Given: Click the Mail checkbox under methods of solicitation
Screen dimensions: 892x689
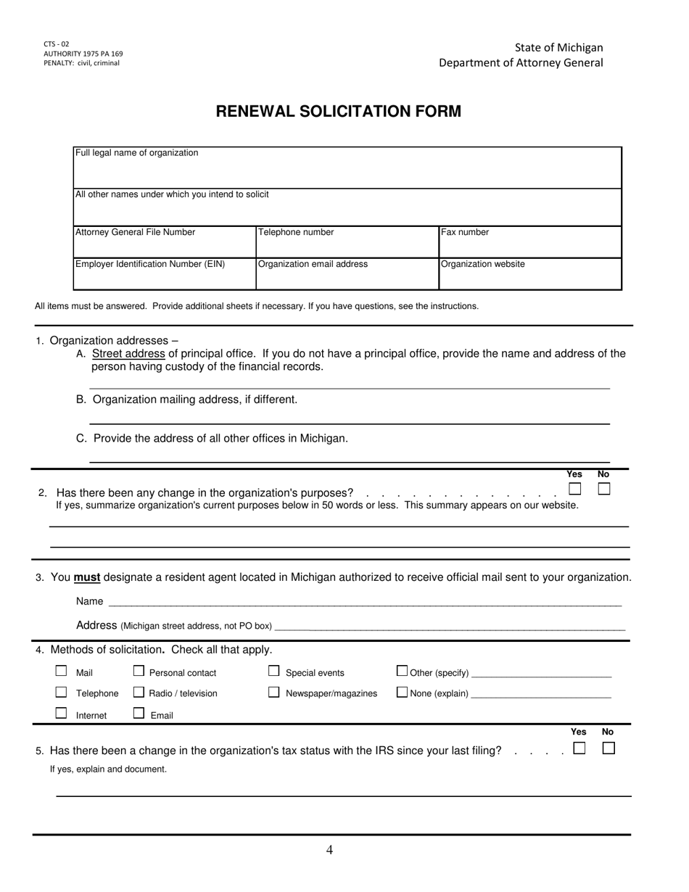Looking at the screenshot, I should pos(62,672).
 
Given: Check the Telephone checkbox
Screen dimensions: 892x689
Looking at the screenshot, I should pos(62,693).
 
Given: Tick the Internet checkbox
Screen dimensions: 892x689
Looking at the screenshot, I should pos(62,714).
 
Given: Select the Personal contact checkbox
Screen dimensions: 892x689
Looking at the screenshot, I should pos(139,672).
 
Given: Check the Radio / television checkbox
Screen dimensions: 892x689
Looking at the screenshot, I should pos(139,693).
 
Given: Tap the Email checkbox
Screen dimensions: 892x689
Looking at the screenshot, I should pos(139,714).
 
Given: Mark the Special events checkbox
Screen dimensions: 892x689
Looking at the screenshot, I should pos(274,672).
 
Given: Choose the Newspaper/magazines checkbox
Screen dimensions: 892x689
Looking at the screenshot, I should pos(274,693).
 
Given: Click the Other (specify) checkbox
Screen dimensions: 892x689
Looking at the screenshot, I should pos(402,672).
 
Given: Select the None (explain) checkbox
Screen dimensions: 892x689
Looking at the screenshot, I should pos(402,693).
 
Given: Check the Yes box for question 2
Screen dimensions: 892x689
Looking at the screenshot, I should pos(574,489).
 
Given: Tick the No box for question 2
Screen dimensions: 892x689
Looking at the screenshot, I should pos(604,489).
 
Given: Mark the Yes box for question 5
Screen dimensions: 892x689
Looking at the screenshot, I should pos(579,748).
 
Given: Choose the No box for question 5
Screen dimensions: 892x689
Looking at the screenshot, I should pos(608,748).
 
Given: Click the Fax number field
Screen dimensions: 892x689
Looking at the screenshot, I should pos(530,242).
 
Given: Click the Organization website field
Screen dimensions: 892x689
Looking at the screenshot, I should pos(530,274).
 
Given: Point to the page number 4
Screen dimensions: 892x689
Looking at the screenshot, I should pos(330,850).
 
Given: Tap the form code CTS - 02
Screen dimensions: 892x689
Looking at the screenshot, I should pos(57,44).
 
